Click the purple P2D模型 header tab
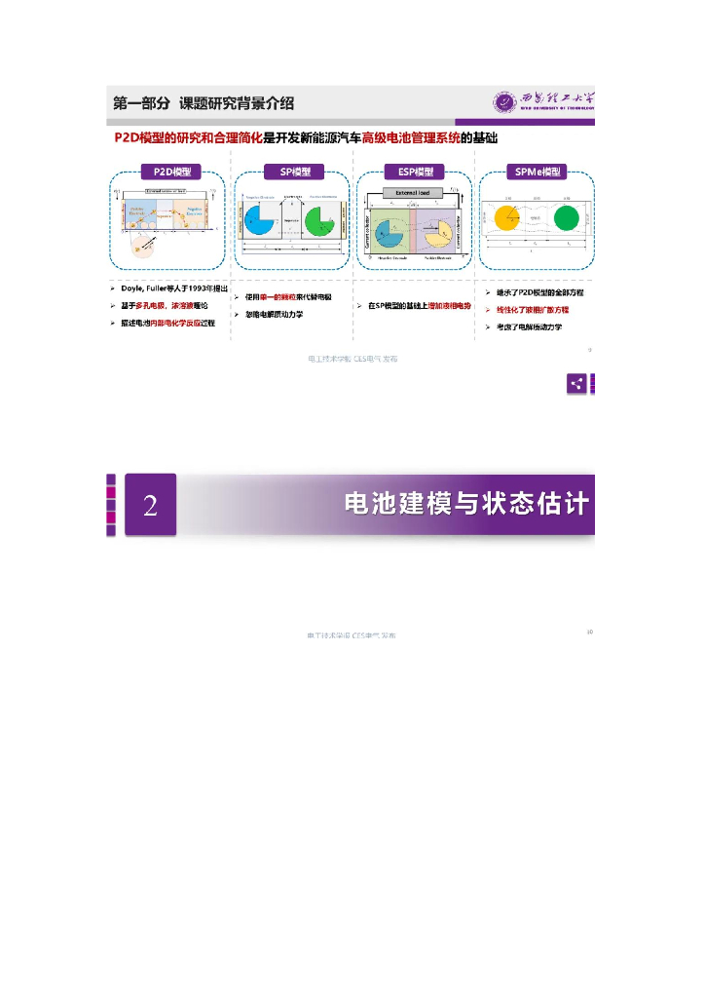pyautogui.click(x=170, y=172)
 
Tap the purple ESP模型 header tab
pyautogui.click(x=415, y=172)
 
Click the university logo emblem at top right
pyautogui.click(x=504, y=101)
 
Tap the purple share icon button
pyautogui.click(x=578, y=383)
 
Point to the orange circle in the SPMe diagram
pyautogui.click(x=508, y=219)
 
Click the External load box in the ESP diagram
pyautogui.click(x=414, y=192)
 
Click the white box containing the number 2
pyautogui.click(x=150, y=505)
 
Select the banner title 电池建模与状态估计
pyautogui.click(x=467, y=504)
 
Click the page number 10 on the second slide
pyautogui.click(x=589, y=632)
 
